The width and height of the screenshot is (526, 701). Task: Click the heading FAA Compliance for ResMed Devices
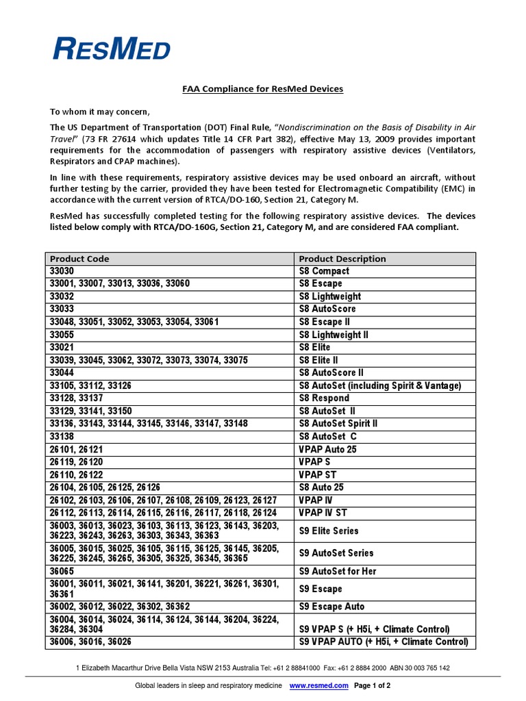[262, 89]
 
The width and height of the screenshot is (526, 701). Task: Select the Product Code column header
[79, 259]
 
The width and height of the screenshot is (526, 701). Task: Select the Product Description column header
[342, 259]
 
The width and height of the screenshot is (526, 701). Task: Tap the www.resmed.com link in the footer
[319, 685]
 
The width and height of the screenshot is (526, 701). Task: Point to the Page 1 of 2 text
[372, 685]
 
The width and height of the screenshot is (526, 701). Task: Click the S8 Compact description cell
[324, 271]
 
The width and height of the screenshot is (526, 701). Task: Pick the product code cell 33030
[63, 271]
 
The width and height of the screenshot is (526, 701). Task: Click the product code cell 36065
[63, 571]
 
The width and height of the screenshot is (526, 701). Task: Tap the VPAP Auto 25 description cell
[327, 449]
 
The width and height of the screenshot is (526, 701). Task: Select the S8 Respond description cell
[325, 398]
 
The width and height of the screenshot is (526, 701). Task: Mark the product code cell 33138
[63, 436]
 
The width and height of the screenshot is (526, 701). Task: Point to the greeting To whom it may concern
[99, 112]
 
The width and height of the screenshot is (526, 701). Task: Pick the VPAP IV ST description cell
[323, 513]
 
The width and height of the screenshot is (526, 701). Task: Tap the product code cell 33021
[63, 347]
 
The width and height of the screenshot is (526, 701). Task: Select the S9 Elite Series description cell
[329, 531]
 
